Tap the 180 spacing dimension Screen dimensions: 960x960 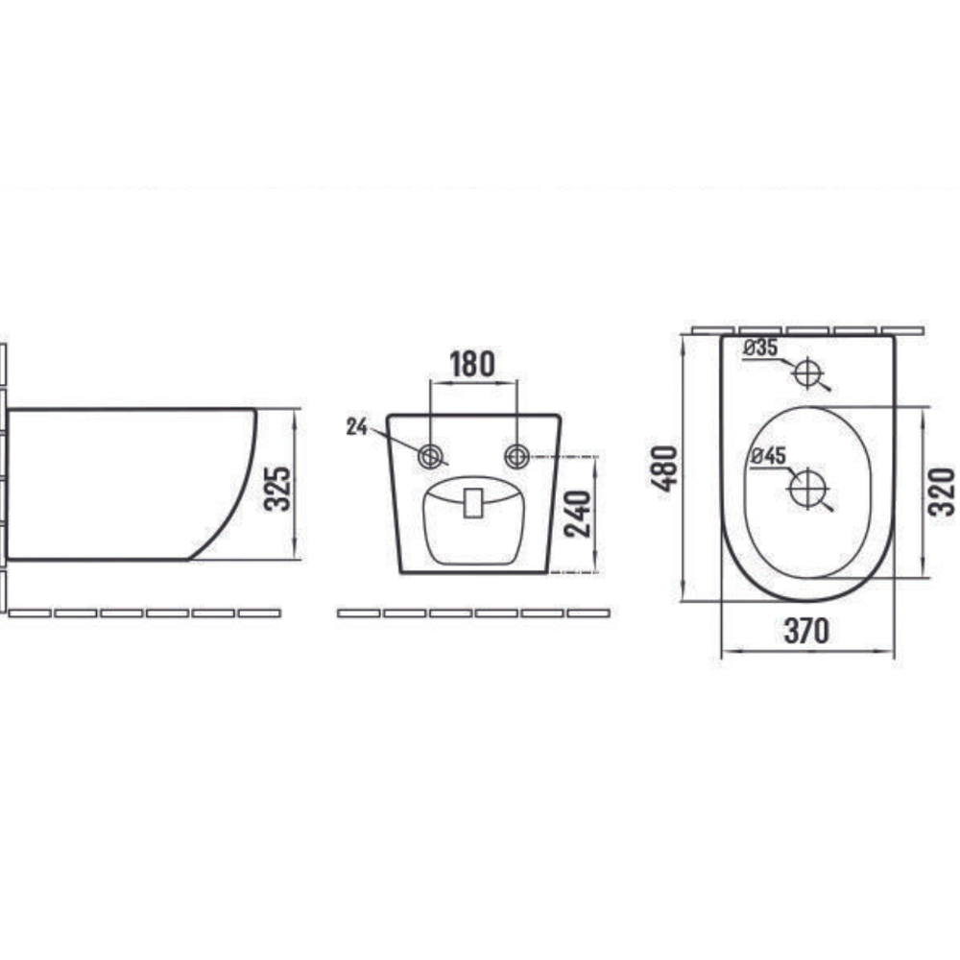click(x=473, y=365)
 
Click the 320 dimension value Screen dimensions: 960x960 click(x=943, y=492)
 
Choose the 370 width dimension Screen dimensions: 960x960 click(x=806, y=631)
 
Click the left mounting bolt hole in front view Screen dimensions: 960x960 click(x=430, y=455)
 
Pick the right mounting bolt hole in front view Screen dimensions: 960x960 click(x=517, y=455)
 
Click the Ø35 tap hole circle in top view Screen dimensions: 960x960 click(x=808, y=371)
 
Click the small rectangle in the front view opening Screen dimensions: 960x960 click(x=473, y=502)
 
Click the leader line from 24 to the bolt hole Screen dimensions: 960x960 click(x=394, y=440)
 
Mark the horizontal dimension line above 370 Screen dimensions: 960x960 click(x=806, y=652)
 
